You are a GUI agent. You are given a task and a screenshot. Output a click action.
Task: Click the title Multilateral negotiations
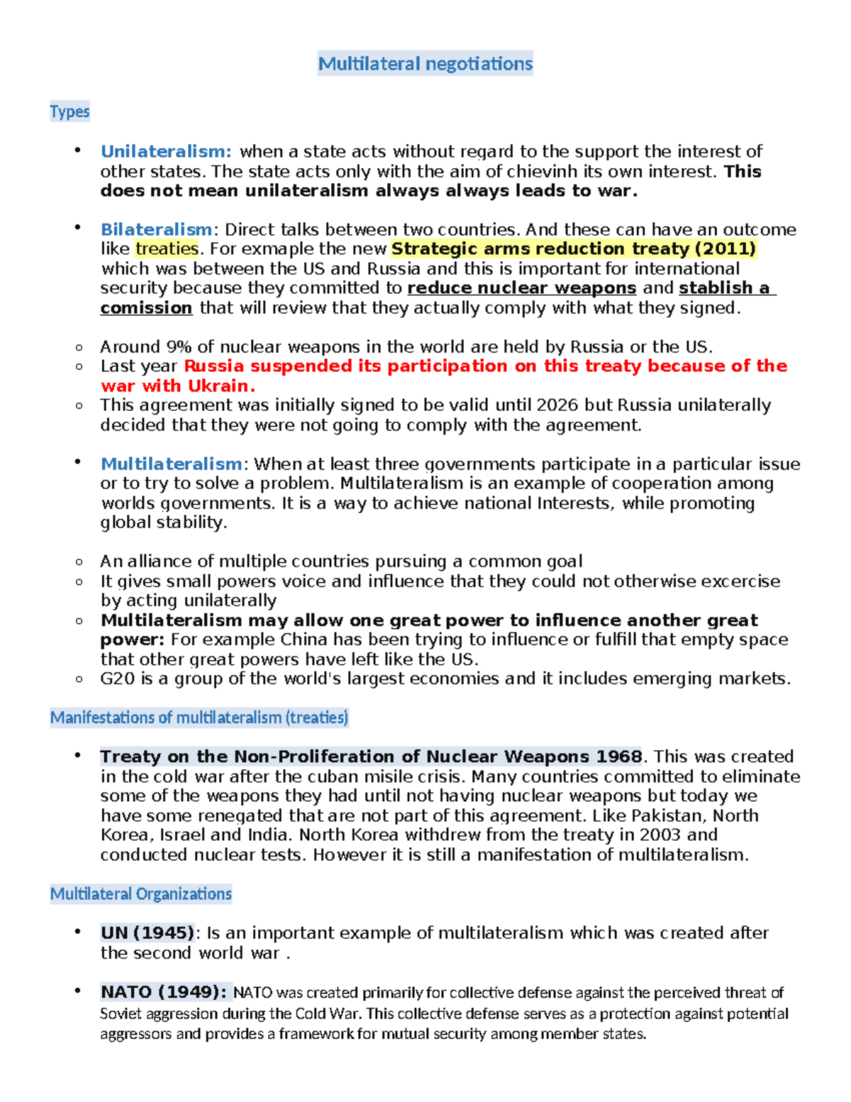pos(425,64)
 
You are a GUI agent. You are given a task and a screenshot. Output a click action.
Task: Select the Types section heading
pos(69,111)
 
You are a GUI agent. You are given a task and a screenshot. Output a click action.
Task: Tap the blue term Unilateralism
pos(165,151)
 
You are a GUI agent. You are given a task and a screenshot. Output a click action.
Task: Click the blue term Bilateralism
pos(156,229)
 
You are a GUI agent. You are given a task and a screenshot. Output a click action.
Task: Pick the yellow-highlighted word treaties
pos(167,249)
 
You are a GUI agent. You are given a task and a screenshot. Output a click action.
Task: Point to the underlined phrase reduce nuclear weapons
pos(521,288)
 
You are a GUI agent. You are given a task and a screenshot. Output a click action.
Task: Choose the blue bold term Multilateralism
pos(171,464)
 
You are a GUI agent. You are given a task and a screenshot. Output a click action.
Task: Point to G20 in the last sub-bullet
pos(117,679)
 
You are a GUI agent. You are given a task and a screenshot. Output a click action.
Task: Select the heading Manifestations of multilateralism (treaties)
pos(199,717)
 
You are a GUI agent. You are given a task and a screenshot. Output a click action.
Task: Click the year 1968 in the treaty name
pos(618,756)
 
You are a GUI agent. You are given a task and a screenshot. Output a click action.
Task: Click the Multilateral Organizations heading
pos(140,893)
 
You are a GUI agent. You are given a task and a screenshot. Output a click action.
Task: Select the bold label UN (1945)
pos(148,932)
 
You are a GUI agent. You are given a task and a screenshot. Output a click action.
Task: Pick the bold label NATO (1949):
pos(164,992)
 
